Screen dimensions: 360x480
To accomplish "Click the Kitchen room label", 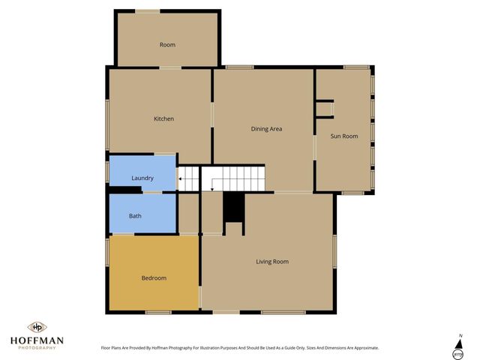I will click(x=163, y=118).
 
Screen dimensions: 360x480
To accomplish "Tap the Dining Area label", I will click(x=266, y=129).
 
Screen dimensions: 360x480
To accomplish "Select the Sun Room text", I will click(x=344, y=136).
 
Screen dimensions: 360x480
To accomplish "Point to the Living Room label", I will click(x=272, y=261).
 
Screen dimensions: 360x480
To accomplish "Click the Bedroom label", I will click(x=154, y=277).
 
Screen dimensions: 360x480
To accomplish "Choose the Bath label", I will click(x=135, y=216).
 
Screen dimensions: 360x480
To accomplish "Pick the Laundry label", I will click(x=142, y=178).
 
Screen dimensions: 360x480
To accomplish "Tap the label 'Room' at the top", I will click(x=167, y=45).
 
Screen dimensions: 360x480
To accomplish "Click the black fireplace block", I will click(x=234, y=207).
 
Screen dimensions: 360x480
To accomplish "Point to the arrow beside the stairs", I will click(x=181, y=178).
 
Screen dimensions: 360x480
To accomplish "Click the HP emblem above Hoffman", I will click(x=37, y=327).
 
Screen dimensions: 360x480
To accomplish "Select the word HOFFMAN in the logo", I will click(x=37, y=340).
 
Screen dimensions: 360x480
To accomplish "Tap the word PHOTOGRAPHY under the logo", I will click(x=37, y=348).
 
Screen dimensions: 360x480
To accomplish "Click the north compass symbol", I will click(x=457, y=347).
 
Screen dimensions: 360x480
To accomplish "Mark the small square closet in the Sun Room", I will click(x=324, y=109).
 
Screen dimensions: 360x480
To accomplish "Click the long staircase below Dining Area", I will click(x=235, y=178).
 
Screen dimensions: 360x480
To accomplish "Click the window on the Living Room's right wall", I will click(x=335, y=251).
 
